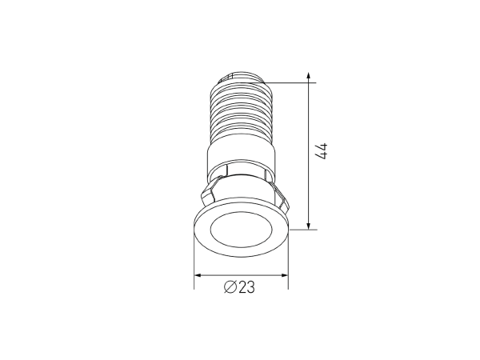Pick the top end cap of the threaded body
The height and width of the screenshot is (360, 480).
pyautogui.click(x=239, y=75)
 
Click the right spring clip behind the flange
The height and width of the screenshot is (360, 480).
pyautogui.click(x=279, y=193)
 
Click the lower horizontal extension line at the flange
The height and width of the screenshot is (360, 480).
pyautogui.click(x=304, y=229)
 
